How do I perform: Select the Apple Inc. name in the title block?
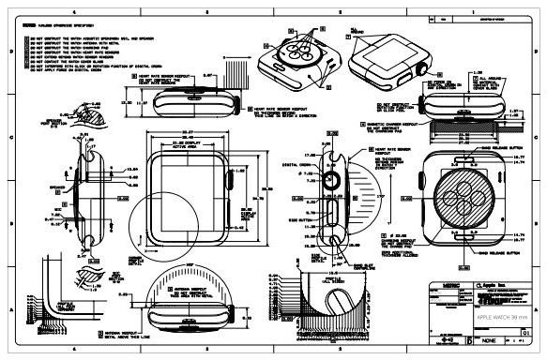point(493,282)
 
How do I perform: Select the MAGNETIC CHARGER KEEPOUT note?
point(390,126)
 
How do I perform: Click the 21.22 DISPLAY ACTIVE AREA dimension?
point(182,148)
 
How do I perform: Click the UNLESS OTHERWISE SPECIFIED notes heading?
point(56,26)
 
